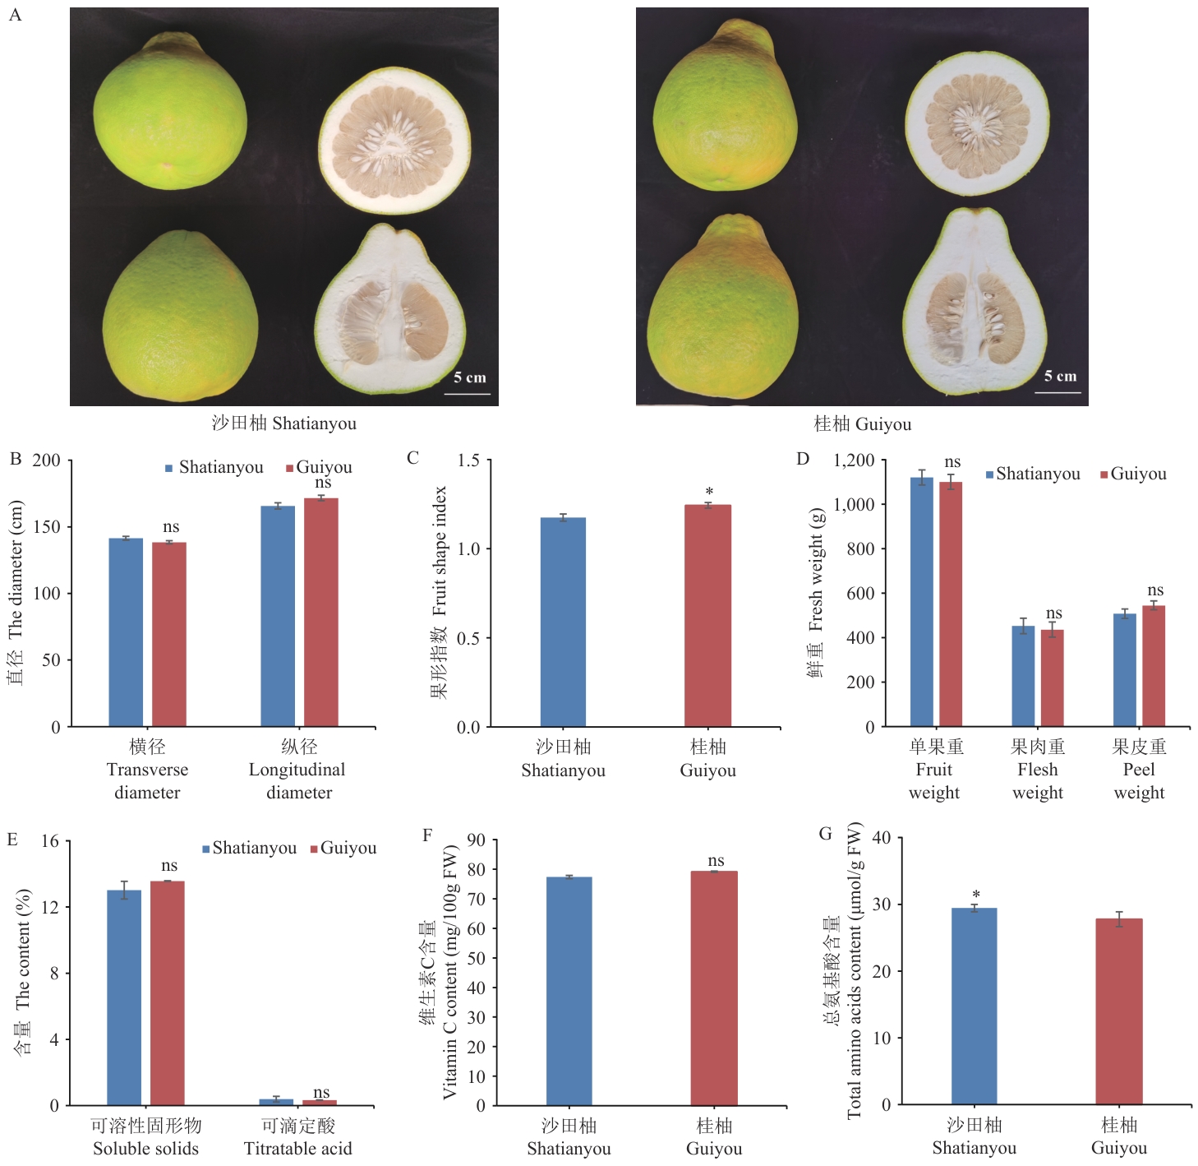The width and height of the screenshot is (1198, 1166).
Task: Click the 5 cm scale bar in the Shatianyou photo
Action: [x=468, y=394]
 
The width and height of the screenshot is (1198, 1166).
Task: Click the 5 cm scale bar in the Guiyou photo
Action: [x=1057, y=392]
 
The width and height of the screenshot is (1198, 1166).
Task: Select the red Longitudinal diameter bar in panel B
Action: [x=321, y=612]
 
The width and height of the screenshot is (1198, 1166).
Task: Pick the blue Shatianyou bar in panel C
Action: [x=563, y=622]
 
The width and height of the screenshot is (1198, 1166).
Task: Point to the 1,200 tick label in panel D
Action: [x=854, y=460]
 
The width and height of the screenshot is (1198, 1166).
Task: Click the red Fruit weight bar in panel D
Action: [x=951, y=604]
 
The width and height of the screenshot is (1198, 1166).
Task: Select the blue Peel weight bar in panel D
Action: [x=1125, y=669]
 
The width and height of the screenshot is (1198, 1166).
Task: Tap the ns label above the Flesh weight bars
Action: [x=1053, y=613]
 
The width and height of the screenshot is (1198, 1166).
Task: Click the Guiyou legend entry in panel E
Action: [x=343, y=848]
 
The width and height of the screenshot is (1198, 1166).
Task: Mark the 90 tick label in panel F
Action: [x=476, y=840]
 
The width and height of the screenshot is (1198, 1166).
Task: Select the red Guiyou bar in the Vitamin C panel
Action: [x=713, y=988]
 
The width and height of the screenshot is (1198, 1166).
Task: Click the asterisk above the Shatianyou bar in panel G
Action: [x=975, y=895]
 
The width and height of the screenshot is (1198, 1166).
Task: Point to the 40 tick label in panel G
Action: [x=881, y=838]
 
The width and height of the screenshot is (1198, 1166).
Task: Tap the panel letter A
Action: [x=15, y=15]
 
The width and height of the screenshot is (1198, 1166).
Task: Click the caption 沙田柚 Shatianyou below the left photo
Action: [x=283, y=423]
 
